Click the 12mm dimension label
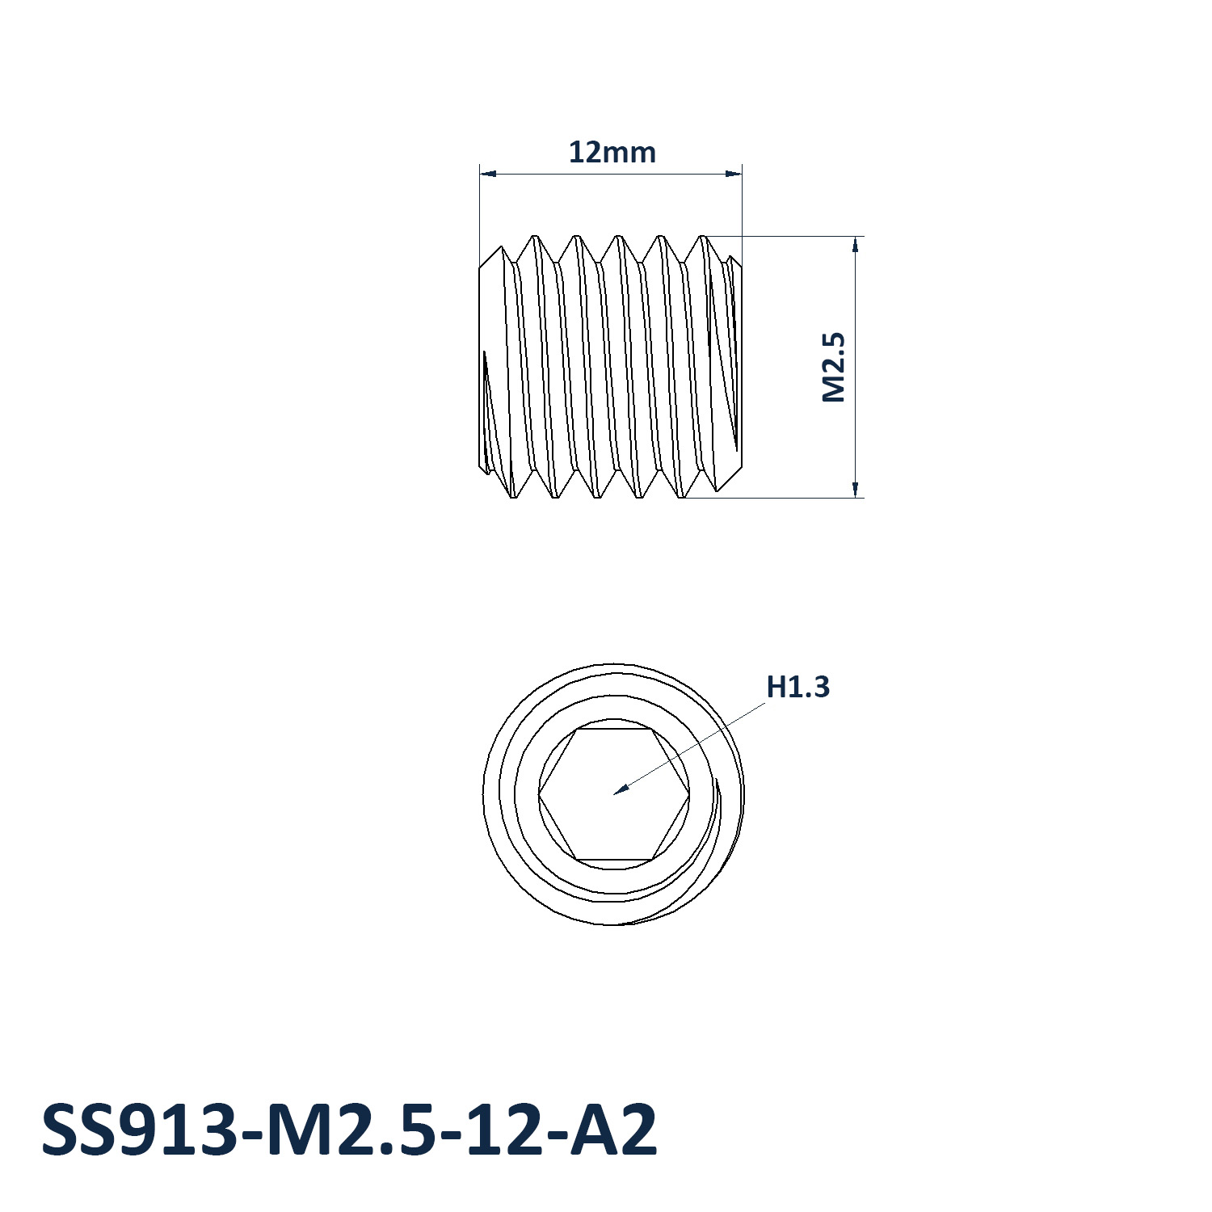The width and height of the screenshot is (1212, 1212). tap(612, 152)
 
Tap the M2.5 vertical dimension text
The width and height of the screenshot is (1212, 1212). tap(833, 367)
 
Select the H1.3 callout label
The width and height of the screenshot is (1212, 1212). tap(797, 687)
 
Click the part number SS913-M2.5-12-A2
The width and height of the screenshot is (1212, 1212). tap(349, 1130)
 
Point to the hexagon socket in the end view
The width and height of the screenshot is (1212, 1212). tap(614, 794)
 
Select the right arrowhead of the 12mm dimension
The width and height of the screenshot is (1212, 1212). tap(741, 173)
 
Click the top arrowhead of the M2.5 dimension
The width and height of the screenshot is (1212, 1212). tap(855, 238)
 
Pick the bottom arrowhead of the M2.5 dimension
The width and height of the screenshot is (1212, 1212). tap(855, 496)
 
